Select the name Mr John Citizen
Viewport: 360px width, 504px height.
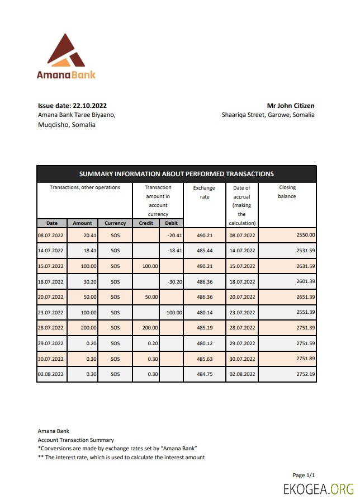point(290,105)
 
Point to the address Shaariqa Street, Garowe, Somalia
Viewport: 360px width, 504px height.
point(268,115)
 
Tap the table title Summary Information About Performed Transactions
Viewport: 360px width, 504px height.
point(176,173)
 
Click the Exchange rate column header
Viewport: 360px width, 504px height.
point(204,192)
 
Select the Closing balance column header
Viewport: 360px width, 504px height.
point(287,192)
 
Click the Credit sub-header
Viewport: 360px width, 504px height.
point(145,223)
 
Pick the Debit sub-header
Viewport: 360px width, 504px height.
point(171,223)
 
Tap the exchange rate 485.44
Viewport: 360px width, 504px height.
point(204,251)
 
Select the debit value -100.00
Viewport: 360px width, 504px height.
point(174,312)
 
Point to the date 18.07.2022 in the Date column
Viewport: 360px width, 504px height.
point(51,281)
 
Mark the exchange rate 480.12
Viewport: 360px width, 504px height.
point(204,343)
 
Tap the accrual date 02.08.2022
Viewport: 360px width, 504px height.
point(242,374)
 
